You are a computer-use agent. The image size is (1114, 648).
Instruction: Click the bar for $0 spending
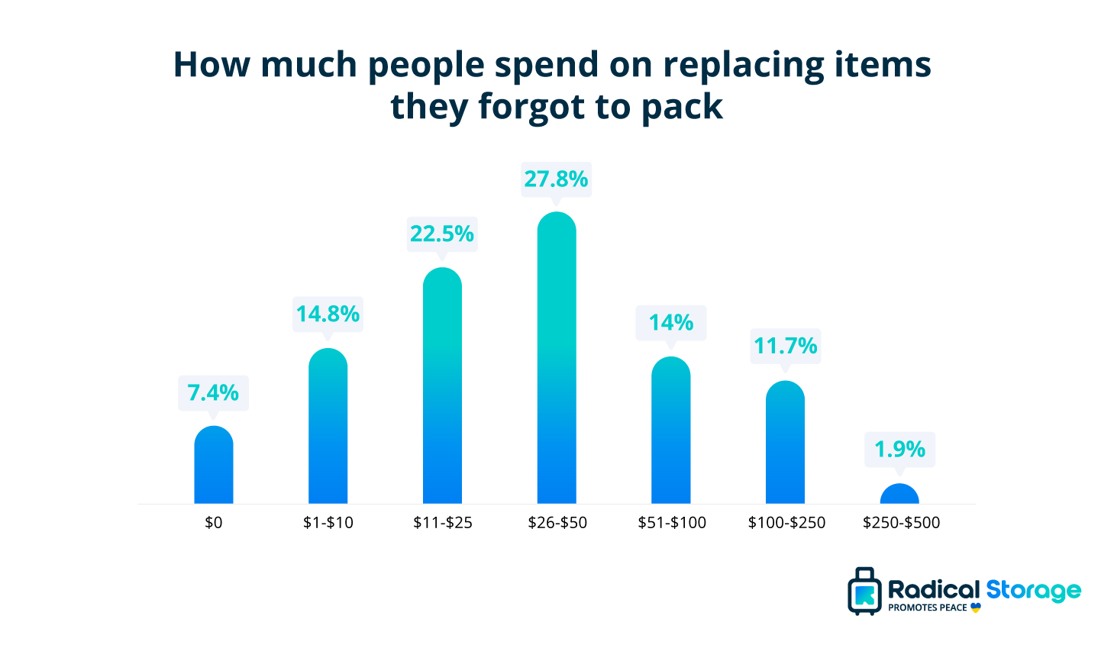[x=213, y=465]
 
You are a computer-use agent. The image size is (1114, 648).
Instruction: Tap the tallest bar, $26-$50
[x=557, y=358]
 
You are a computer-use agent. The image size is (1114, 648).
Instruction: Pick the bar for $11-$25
[x=442, y=385]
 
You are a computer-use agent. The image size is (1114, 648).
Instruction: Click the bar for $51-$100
[x=670, y=430]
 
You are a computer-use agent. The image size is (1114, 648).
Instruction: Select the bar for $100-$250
[x=785, y=443]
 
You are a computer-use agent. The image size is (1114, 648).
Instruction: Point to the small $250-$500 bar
[x=899, y=495]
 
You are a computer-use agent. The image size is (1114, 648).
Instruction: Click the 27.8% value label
[x=556, y=179]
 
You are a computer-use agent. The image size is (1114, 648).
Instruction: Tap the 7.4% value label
[x=213, y=393]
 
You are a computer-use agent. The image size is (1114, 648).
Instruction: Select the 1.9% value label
[x=899, y=450]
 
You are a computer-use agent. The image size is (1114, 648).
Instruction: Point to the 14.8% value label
[x=328, y=314]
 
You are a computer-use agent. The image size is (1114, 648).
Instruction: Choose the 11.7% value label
[x=785, y=347]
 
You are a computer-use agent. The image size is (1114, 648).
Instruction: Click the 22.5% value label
[x=442, y=234]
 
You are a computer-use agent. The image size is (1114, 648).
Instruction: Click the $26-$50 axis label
[x=557, y=523]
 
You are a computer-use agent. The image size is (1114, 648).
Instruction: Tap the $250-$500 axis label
[x=901, y=523]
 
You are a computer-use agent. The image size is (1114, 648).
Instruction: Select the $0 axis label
[x=214, y=523]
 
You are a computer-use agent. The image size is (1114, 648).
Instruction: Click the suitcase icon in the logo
[x=864, y=592]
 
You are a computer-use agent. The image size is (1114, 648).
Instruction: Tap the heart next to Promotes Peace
[x=976, y=608]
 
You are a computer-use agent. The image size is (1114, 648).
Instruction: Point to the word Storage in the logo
[x=1033, y=590]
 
